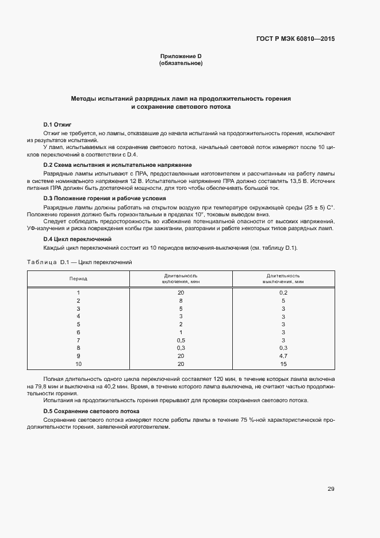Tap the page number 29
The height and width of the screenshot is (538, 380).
click(x=331, y=489)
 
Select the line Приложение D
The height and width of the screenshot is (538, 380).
click(x=181, y=56)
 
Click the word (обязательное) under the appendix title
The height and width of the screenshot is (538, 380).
click(x=181, y=63)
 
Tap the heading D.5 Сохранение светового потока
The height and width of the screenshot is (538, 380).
click(x=92, y=411)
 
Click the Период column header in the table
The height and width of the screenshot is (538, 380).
click(x=78, y=278)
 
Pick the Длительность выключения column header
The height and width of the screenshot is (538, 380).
click(x=283, y=278)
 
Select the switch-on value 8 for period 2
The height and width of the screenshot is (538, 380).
click(x=181, y=301)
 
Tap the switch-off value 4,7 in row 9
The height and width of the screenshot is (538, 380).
click(x=283, y=356)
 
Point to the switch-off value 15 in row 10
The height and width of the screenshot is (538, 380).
click(x=283, y=364)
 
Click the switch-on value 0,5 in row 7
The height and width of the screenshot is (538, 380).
click(x=181, y=341)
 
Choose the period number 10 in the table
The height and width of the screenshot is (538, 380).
click(x=78, y=364)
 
